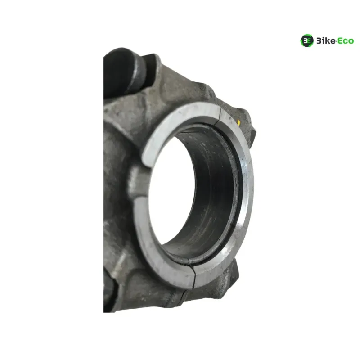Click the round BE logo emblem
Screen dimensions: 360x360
pos(307,40)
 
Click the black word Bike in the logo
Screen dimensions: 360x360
pos(326,41)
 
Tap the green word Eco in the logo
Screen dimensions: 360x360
pos(346,41)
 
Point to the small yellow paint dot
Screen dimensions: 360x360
pos(239,122)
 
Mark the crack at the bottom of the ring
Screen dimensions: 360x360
pos(194,275)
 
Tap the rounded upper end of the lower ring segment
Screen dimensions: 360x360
pos(139,201)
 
